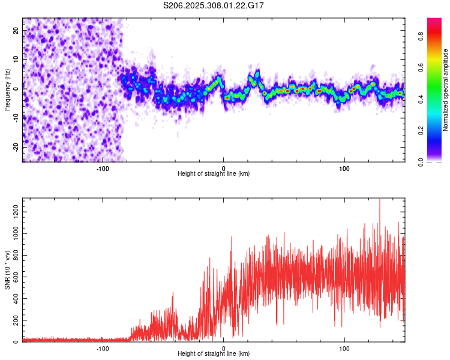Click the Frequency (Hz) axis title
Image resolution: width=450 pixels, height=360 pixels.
[x=8, y=90]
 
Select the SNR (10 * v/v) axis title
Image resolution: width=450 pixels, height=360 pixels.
[x=8, y=270]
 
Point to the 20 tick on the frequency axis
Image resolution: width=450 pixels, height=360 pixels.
[x=16, y=29]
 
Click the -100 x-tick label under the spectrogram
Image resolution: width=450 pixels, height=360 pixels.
[x=102, y=168]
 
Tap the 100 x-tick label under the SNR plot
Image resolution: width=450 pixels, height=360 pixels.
[x=344, y=348]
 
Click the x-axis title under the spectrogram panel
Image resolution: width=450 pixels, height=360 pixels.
[x=214, y=174]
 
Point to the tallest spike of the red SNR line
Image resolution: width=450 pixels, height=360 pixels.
[x=379, y=200]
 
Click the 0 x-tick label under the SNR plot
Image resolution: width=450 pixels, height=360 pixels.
[x=223, y=348]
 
